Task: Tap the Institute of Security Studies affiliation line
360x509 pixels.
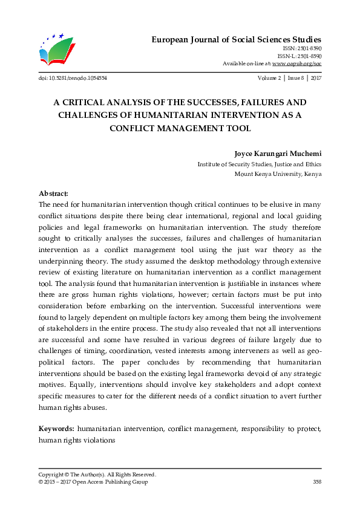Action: click(x=260, y=164)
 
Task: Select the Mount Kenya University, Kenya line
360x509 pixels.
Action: click(x=278, y=173)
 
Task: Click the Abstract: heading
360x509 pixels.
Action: click(x=53, y=193)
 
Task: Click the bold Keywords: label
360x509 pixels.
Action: click(x=56, y=429)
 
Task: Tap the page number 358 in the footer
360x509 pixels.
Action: click(x=316, y=482)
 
